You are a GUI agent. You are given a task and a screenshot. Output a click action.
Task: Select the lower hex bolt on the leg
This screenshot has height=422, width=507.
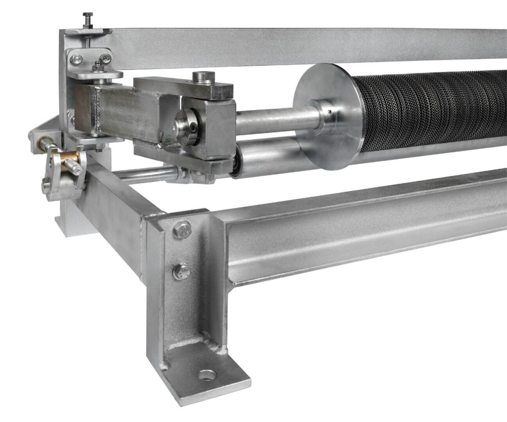[182, 270]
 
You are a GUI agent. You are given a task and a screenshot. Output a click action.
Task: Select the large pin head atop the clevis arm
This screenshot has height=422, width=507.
[205, 77]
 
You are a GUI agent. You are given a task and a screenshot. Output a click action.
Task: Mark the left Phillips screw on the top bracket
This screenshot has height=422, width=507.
[75, 60]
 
